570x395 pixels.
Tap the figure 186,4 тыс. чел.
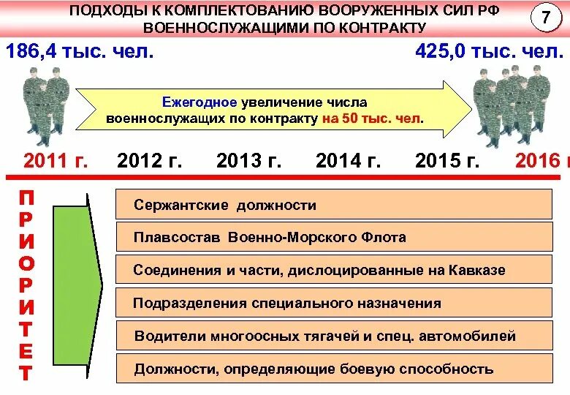pos(80,52)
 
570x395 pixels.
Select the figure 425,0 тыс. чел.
pos(489,52)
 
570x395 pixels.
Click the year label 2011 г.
pos(56,161)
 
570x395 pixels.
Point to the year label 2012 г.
pos(149,161)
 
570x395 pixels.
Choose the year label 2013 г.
pos(248,161)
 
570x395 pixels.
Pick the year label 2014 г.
pos(348,161)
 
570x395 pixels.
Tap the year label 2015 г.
pos(447,161)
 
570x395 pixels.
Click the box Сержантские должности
pos(333,205)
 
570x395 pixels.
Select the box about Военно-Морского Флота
pos(333,237)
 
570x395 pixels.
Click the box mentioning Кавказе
pos(333,270)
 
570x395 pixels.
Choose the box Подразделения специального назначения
pos(333,303)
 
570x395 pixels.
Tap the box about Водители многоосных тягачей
pos(333,336)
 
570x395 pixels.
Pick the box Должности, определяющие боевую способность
pos(333,369)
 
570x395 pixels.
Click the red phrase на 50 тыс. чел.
pos(372,118)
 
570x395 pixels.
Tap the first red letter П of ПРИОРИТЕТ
pos(26,197)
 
